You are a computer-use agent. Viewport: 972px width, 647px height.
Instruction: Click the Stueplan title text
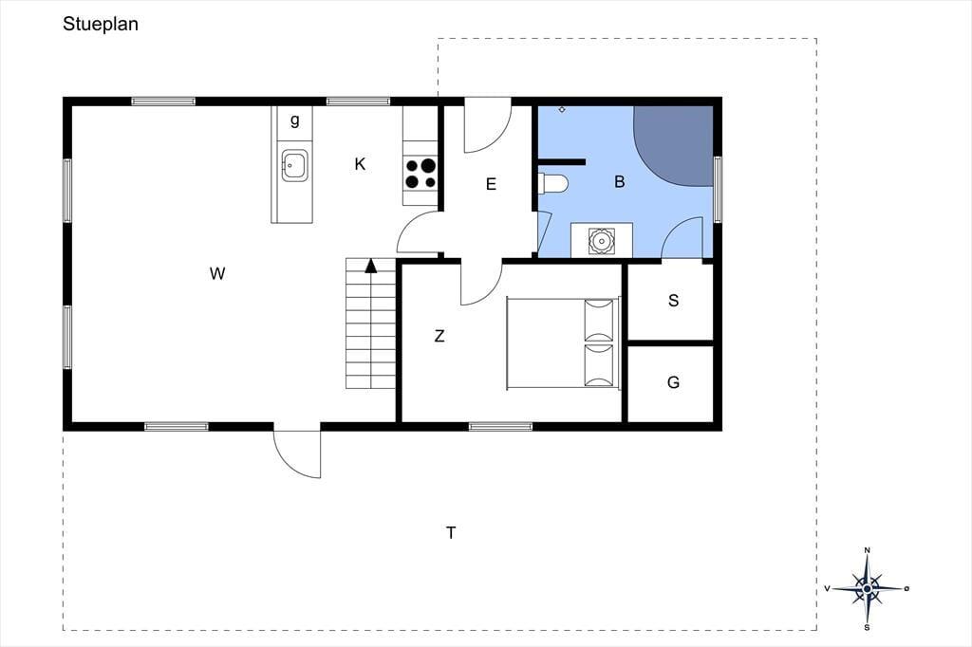point(101,25)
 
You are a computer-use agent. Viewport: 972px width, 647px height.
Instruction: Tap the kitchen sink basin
point(294,165)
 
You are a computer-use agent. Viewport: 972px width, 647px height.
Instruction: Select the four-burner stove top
point(421,173)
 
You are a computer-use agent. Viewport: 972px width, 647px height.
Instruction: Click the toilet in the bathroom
point(553,184)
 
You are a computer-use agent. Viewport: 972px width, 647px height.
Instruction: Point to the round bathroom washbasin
point(601,240)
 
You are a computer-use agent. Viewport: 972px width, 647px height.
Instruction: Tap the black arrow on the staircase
point(371,266)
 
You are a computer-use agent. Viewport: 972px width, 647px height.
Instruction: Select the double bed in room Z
point(563,343)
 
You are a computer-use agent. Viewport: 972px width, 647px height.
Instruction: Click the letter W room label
point(217,273)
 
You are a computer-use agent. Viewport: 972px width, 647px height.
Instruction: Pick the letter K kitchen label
point(360,164)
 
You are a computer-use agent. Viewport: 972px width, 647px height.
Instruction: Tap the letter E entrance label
point(491,184)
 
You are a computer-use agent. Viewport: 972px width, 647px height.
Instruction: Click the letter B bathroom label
point(619,181)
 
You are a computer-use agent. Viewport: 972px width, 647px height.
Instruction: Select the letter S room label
point(673,301)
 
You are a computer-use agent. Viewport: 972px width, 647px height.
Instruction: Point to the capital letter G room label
point(673,382)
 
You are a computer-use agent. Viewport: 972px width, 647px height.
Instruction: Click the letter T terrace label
point(451,532)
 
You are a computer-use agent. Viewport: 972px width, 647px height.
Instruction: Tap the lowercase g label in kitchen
point(295,120)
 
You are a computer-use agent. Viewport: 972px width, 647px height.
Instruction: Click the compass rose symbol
point(868,588)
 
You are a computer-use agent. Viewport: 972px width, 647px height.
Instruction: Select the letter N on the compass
point(868,549)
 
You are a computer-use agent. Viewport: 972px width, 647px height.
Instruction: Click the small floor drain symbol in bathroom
point(562,110)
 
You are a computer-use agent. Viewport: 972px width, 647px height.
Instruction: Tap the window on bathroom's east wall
point(718,190)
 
